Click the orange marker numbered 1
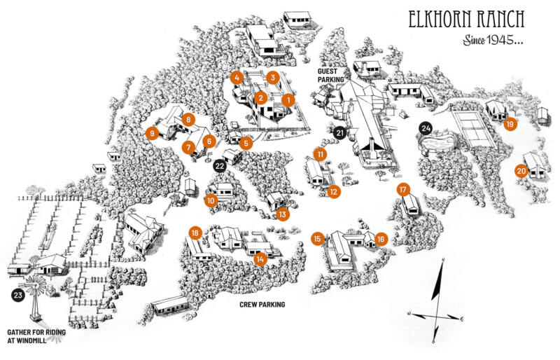coord(287,100)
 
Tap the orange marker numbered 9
coord(150,133)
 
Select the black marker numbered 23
coord(17,296)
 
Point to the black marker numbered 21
coord(340,132)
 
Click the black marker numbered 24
coord(425,128)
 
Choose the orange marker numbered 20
coord(521,170)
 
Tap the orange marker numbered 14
coord(261,258)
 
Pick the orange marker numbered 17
coord(402,190)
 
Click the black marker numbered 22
coord(219,166)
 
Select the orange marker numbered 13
coord(283,214)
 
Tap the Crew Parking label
coord(262,305)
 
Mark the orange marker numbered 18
coord(195,233)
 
